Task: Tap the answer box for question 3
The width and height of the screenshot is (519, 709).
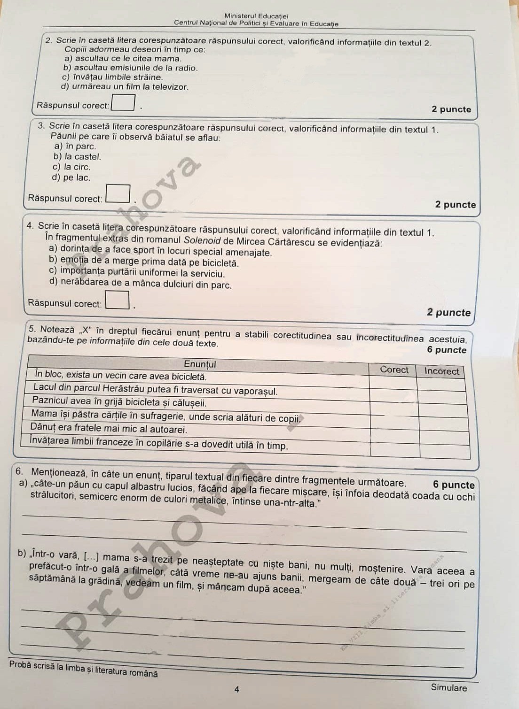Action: click(118, 194)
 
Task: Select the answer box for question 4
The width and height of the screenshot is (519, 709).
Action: click(118, 300)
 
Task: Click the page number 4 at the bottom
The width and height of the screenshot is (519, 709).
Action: click(237, 689)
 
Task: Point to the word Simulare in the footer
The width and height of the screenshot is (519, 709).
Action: click(449, 688)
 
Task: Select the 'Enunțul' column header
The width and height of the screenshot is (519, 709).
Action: click(200, 364)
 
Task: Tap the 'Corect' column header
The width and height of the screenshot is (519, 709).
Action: click(394, 370)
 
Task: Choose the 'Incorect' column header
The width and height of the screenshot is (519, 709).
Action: click(441, 371)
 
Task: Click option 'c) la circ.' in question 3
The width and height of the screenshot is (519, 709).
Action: click(71, 167)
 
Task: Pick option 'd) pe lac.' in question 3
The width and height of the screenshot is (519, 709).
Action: click(71, 177)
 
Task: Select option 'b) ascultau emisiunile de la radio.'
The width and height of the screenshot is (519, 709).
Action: click(130, 68)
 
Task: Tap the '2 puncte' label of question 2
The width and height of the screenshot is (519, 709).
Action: click(451, 109)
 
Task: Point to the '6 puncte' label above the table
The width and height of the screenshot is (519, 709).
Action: click(446, 350)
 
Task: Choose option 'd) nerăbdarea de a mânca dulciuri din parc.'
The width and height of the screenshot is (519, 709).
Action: click(140, 284)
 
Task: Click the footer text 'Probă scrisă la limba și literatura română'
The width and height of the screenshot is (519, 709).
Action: click(83, 669)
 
